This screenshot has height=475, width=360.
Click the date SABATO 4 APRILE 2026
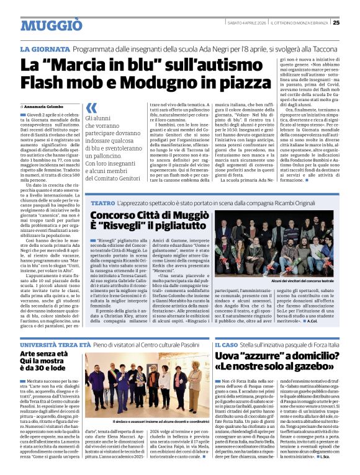(x=246, y=23)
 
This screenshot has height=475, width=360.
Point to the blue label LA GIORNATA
(x=45, y=49)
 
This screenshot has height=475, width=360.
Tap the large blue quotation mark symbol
(x=91, y=108)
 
